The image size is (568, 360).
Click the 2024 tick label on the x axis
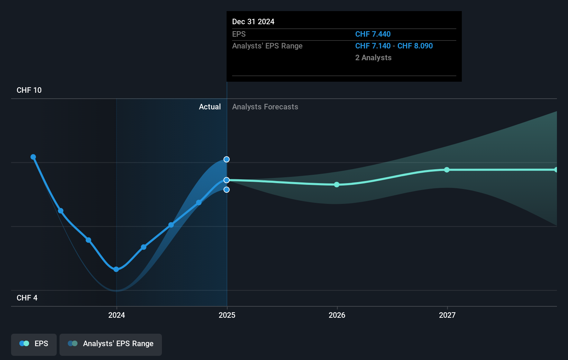[x=117, y=315]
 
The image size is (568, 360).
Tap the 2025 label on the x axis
[x=227, y=315]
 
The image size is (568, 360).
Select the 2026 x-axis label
[x=337, y=315]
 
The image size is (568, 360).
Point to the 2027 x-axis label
[x=447, y=315]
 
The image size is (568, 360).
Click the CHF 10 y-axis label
[x=29, y=90]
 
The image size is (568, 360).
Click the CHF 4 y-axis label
[x=27, y=298]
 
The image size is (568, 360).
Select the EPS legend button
[x=34, y=344]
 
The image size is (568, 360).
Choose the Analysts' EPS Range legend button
[x=111, y=344]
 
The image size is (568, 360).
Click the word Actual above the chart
[x=210, y=107]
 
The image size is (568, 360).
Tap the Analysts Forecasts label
[x=265, y=107]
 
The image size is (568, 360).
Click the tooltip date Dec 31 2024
[x=253, y=22]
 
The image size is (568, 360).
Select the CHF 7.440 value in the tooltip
[x=373, y=34]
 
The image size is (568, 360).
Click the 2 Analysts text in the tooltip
[x=373, y=58]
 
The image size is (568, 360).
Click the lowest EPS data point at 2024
[x=116, y=269]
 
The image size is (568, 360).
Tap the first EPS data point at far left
[x=33, y=157]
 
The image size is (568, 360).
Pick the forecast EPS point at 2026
[x=337, y=184]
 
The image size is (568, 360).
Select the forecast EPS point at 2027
[x=447, y=170]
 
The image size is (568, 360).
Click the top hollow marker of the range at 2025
[x=227, y=159]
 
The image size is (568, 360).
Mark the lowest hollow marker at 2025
[x=227, y=190]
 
